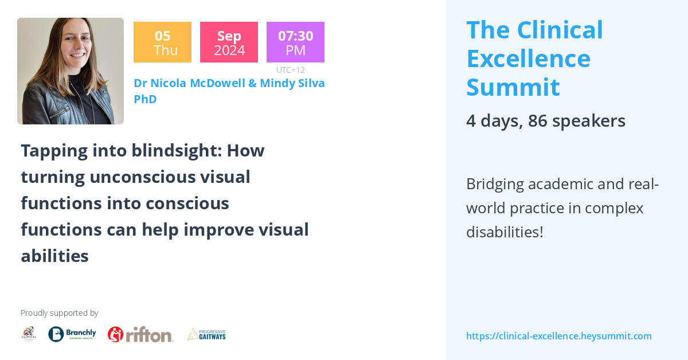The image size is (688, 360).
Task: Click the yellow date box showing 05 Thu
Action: click(162, 42)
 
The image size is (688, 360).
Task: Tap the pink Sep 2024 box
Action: click(229, 42)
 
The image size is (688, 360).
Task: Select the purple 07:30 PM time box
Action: click(295, 42)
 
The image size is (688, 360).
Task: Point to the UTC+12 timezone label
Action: click(290, 70)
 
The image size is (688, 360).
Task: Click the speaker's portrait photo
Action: click(71, 71)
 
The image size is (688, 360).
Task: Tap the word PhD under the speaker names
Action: click(145, 99)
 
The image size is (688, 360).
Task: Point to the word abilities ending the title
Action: click(54, 256)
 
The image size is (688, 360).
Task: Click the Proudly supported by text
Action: click(59, 313)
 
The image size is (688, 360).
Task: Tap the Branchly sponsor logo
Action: click(72, 334)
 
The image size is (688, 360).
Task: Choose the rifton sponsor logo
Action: click(140, 334)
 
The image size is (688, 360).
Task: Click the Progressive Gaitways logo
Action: click(206, 334)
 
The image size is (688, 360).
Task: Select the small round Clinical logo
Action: click(29, 334)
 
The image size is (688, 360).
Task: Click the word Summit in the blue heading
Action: click(513, 87)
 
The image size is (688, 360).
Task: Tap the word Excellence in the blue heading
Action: click(528, 58)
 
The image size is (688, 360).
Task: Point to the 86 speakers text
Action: click(576, 121)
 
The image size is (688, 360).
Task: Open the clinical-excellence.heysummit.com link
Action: click(558, 336)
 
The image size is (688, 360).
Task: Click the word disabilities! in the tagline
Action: click(504, 232)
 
